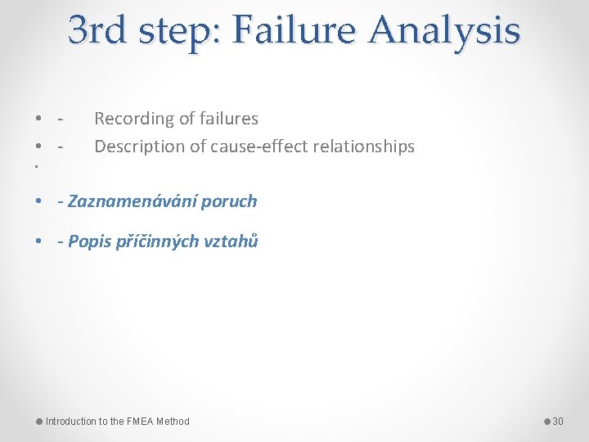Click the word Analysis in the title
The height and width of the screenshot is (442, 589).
(444, 31)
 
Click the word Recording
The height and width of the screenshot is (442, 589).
(132, 119)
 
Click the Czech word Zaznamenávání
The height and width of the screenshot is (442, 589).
(133, 201)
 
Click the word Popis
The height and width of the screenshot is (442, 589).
(88, 241)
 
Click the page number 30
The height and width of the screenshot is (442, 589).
(558, 422)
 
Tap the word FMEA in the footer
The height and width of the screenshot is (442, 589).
(141, 422)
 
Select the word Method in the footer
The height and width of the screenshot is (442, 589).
(173, 422)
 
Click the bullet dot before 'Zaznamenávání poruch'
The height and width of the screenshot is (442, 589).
(39, 201)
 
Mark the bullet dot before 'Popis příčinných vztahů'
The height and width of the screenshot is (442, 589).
(39, 241)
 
